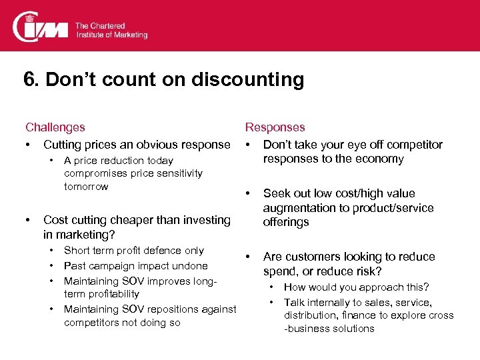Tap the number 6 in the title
(29, 79)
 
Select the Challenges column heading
(55, 127)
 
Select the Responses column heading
(275, 127)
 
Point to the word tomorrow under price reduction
(86, 187)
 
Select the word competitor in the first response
(415, 145)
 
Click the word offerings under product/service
(286, 222)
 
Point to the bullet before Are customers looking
(248, 257)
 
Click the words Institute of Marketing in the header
(111, 34)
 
